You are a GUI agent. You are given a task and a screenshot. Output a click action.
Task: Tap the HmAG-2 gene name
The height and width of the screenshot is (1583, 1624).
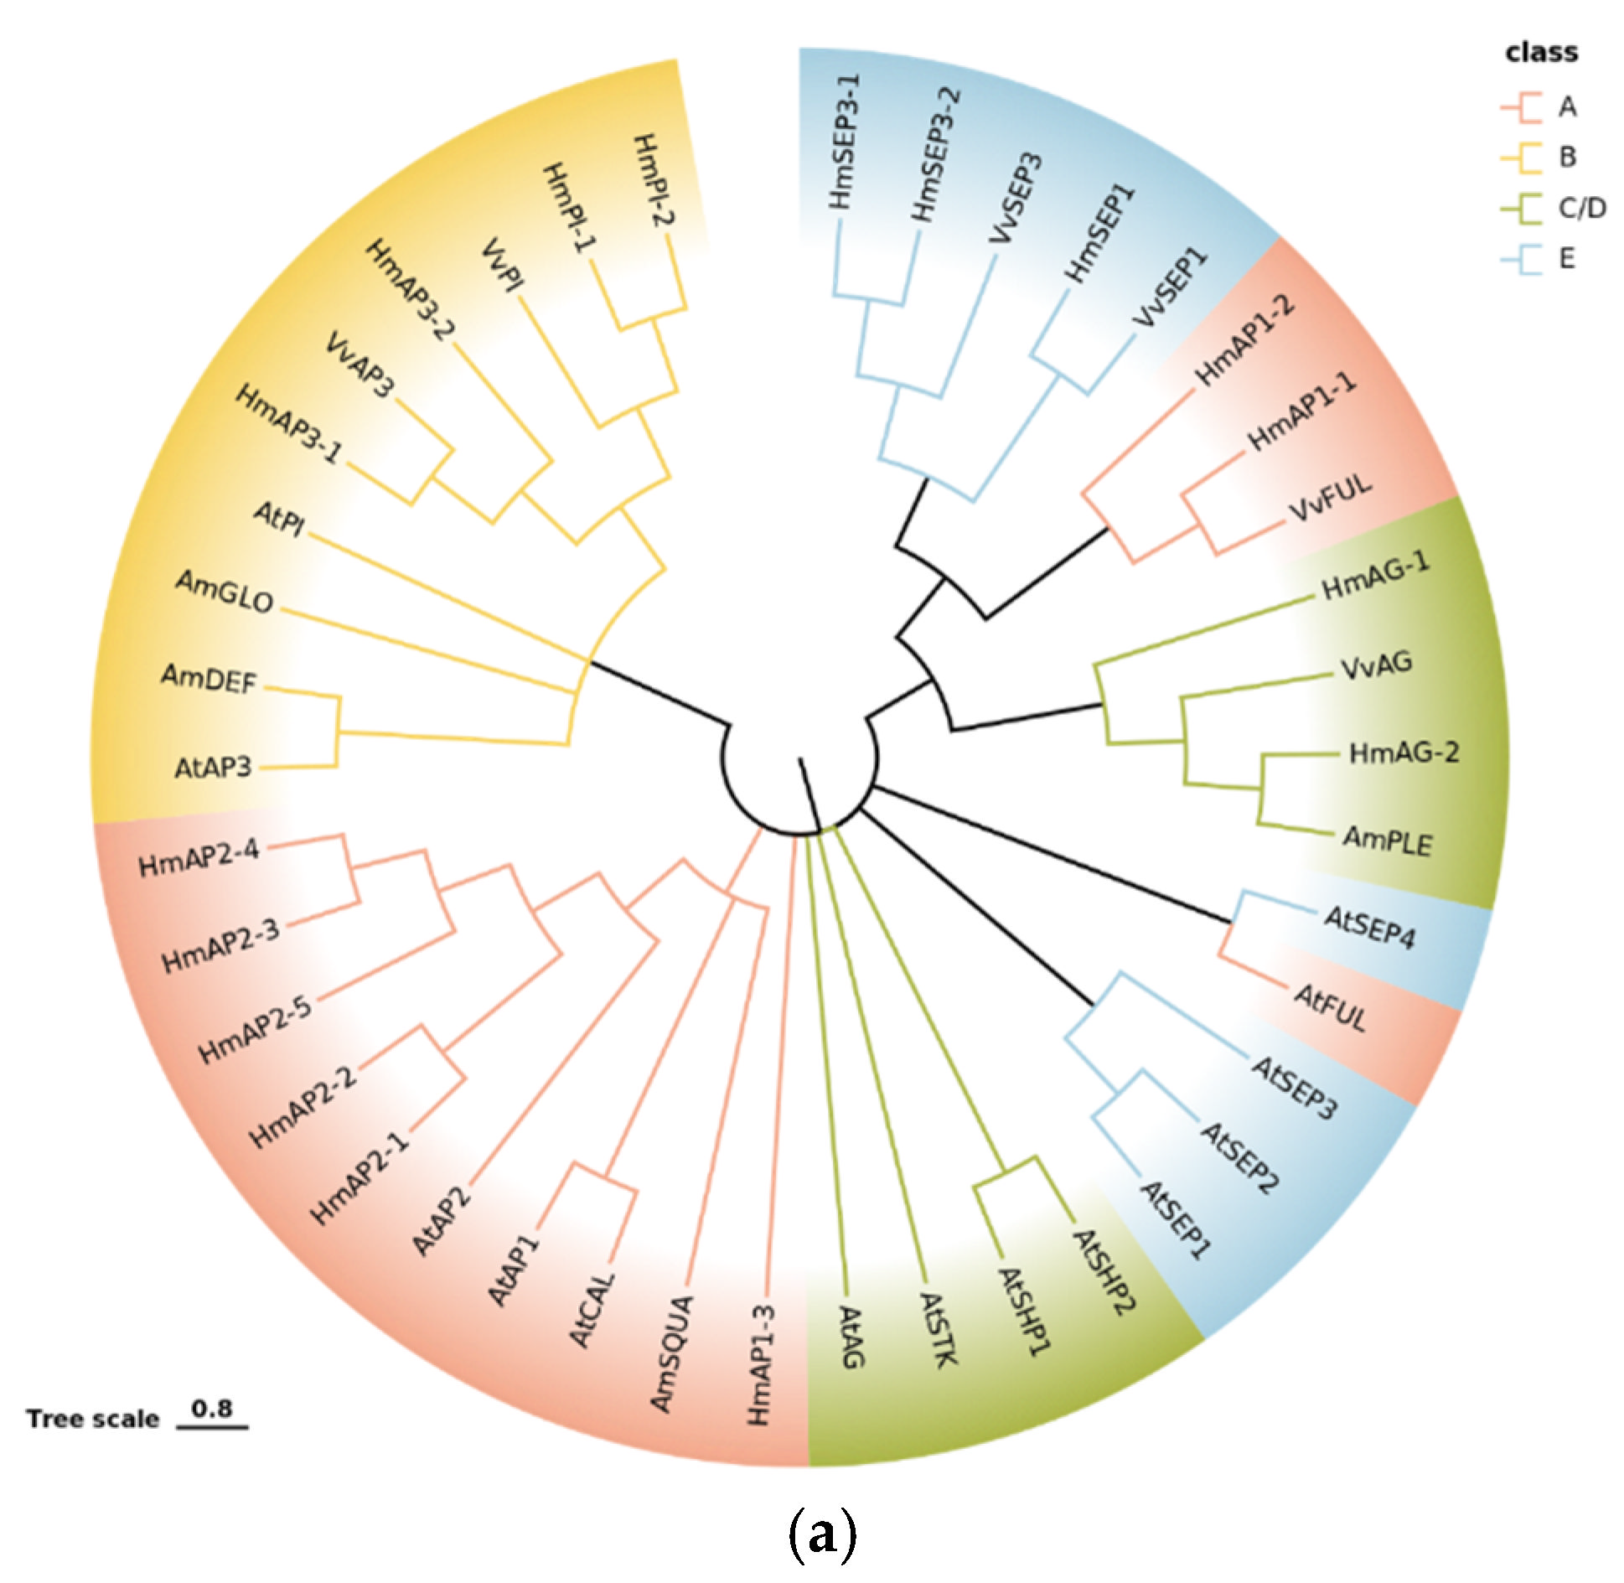(x=1404, y=753)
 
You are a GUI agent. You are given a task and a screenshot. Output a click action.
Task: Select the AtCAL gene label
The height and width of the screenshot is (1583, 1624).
(x=593, y=1310)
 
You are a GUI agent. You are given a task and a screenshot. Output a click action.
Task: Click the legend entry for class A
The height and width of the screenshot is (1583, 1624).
(x=1566, y=107)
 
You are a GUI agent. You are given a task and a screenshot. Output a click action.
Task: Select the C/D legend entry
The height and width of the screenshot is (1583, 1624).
(x=1582, y=208)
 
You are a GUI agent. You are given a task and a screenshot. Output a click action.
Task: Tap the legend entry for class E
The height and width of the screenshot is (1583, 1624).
(x=1566, y=258)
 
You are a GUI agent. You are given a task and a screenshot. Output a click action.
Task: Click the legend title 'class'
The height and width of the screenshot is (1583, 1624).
(x=1541, y=53)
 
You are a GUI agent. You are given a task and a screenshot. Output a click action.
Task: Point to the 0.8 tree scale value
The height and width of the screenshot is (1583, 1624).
(x=212, y=1408)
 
